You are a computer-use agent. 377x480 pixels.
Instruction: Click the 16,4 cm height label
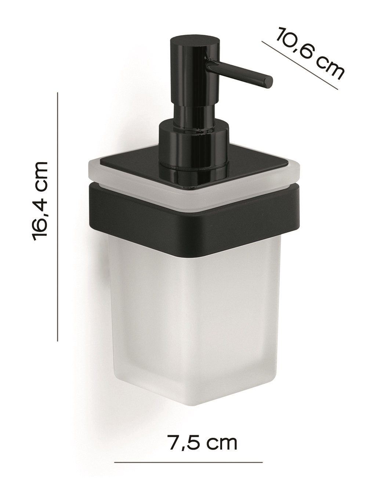pos(40,201)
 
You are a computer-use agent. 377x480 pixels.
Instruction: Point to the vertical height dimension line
pos(58,217)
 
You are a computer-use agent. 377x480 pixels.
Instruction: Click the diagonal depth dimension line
pos(300,65)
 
